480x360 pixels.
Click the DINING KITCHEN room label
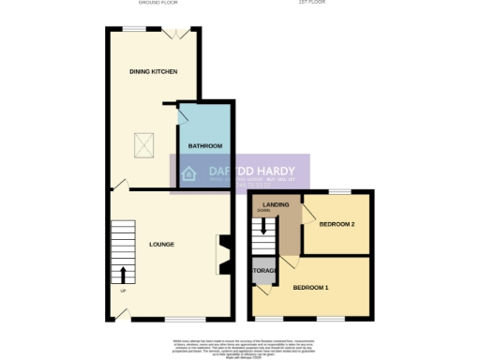pyautogui.click(x=154, y=72)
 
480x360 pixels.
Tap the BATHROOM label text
pyautogui.click(x=205, y=146)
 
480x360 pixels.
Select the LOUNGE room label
pyautogui.click(x=161, y=245)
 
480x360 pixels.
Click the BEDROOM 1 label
pyautogui.click(x=310, y=286)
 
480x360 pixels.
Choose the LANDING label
pyautogui.click(x=276, y=204)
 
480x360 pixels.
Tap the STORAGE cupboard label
pyautogui.click(x=263, y=271)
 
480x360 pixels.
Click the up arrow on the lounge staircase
pyautogui.click(x=123, y=275)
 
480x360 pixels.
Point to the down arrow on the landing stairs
pyautogui.click(x=264, y=225)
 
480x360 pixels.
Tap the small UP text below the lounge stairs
pyautogui.click(x=123, y=291)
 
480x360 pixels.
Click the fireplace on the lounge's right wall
pyautogui.click(x=221, y=251)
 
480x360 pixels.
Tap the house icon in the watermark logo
pyautogui.click(x=188, y=173)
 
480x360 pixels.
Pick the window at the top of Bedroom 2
pyautogui.click(x=346, y=191)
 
